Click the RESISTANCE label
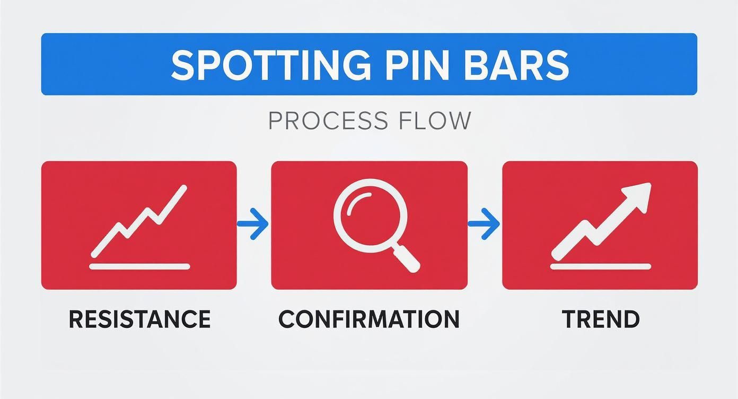click(139, 319)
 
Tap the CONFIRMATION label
click(369, 319)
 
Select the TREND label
click(601, 319)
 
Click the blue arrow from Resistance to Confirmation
click(253, 224)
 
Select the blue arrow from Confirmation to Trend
click(484, 224)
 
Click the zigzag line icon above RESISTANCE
click(139, 220)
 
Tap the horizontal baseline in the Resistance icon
click(139, 266)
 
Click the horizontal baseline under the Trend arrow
click(600, 266)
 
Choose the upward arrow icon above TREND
click(601, 223)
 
